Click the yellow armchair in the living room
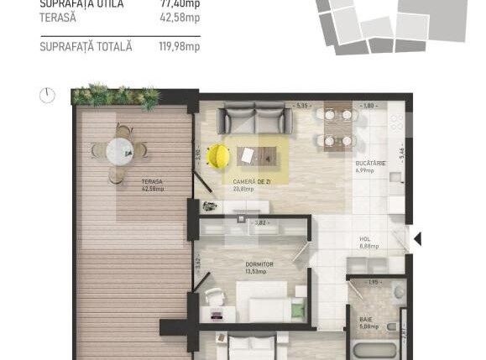click(219, 155)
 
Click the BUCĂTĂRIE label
click(370, 164)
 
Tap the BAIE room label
click(367, 320)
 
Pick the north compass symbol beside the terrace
click(48, 96)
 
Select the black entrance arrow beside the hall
click(417, 239)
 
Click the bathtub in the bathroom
click(374, 352)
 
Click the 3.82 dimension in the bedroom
click(261, 222)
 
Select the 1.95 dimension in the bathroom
click(374, 282)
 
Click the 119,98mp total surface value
click(180, 47)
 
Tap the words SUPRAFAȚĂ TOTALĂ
click(86, 47)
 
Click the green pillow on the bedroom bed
click(297, 310)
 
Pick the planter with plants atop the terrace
click(116, 96)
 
